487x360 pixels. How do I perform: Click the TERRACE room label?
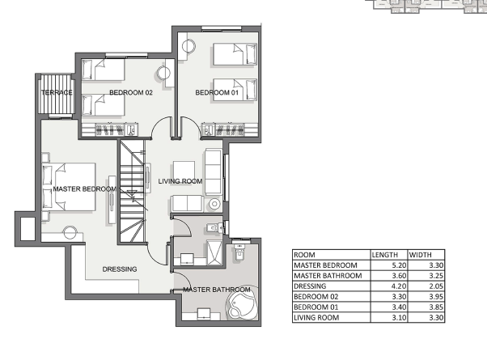tap(57, 92)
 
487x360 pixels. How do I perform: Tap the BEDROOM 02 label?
tap(131, 92)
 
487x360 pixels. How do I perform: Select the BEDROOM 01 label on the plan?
tap(217, 92)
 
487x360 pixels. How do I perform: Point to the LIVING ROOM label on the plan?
tap(180, 181)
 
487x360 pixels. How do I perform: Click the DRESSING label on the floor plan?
tap(120, 269)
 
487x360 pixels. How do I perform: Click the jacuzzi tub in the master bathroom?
tap(242, 302)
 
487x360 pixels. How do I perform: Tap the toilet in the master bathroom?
tap(239, 252)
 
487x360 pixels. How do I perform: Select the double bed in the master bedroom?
tap(69, 187)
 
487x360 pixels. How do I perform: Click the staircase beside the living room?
tap(133, 191)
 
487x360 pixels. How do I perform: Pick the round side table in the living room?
tap(214, 205)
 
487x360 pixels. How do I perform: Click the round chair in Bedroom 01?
tap(188, 47)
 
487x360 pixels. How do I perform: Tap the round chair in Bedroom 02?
tap(163, 74)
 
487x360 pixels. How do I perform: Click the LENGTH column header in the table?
tap(385, 255)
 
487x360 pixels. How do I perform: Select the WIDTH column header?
tap(420, 255)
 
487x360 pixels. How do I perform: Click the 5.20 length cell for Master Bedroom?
tap(399, 265)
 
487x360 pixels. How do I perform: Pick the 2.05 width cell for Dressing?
tap(436, 286)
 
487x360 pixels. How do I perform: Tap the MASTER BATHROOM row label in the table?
tap(328, 276)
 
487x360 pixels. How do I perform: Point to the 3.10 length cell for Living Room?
tap(399, 318)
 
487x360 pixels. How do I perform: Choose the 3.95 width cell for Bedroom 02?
tap(436, 297)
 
